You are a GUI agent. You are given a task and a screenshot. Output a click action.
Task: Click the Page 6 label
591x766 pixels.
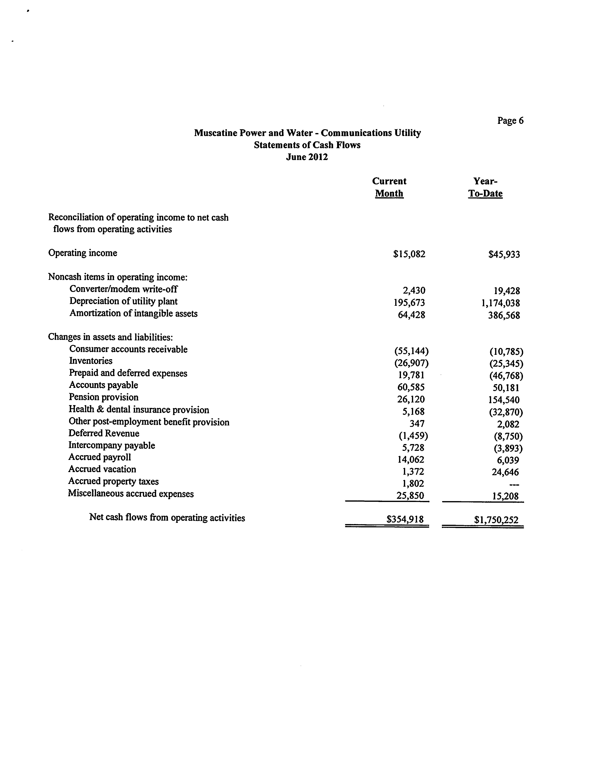pos(510,121)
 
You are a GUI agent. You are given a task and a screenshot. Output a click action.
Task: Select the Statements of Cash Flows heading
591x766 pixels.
pos(307,145)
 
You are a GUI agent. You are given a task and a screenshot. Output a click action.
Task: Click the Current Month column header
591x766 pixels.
pos(389,187)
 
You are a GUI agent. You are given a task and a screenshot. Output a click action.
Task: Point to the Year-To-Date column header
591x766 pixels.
pos(485,187)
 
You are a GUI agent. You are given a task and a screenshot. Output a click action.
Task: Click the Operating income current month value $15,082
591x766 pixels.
pos(409,254)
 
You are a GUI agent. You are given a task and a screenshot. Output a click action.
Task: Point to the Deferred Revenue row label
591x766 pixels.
pos(104,433)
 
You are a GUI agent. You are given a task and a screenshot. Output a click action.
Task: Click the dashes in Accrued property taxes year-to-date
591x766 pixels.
pos(514,484)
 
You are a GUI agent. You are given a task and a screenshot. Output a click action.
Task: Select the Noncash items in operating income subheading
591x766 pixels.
pos(118,277)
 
